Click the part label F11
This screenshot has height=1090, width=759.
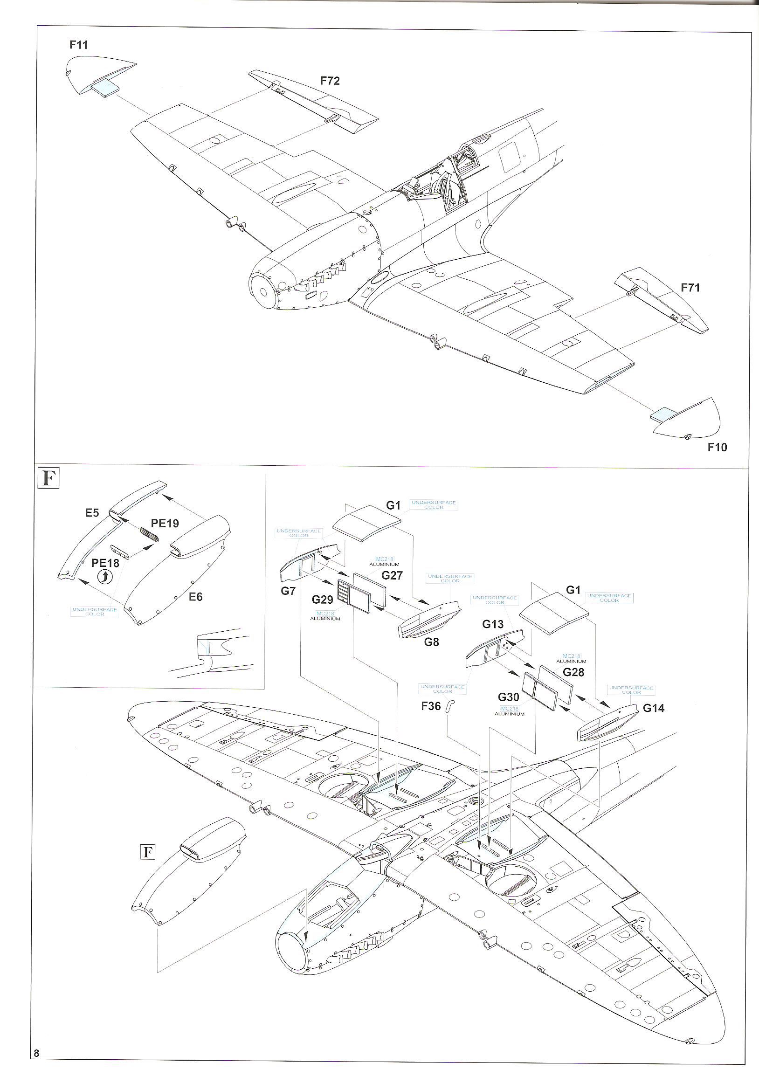[x=79, y=45]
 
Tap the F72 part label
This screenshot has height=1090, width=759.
[x=330, y=81]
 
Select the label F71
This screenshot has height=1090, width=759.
[x=690, y=288]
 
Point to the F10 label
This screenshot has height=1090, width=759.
[x=717, y=447]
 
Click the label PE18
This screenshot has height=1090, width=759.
[x=105, y=563]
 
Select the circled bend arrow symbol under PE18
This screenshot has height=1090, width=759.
[x=105, y=577]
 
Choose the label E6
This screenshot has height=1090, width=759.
[x=195, y=597]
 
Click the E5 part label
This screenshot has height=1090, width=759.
[x=92, y=513]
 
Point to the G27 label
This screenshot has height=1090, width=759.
[x=392, y=575]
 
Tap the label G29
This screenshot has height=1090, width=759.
[x=322, y=600]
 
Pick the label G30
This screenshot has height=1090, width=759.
[x=508, y=697]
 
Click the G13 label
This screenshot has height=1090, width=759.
[x=493, y=624]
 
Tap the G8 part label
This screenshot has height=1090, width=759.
[x=431, y=642]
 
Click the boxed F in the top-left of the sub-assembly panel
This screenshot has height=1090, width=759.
[x=48, y=478]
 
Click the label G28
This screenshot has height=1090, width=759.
[x=573, y=672]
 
